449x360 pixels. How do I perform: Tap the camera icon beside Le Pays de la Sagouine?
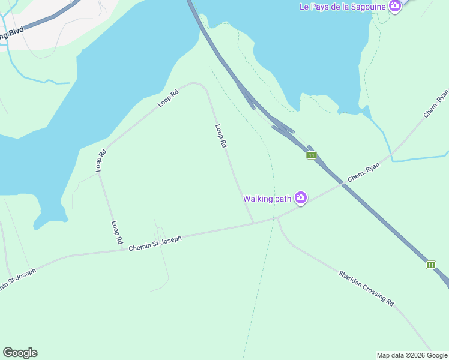394,6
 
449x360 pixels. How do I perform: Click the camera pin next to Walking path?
301,198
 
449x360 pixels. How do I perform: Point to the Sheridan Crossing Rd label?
366,289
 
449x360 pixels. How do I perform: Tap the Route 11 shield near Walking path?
311,155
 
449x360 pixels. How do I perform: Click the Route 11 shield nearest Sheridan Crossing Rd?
431,265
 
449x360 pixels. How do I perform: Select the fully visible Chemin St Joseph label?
155,243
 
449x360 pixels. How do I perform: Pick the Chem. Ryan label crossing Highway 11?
365,175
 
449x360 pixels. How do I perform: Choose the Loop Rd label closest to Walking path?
221,136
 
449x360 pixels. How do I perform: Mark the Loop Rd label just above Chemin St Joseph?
116,232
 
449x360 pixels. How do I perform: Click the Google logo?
20,353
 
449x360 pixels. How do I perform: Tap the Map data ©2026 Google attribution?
412,355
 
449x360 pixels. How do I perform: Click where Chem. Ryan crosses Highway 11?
344,184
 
